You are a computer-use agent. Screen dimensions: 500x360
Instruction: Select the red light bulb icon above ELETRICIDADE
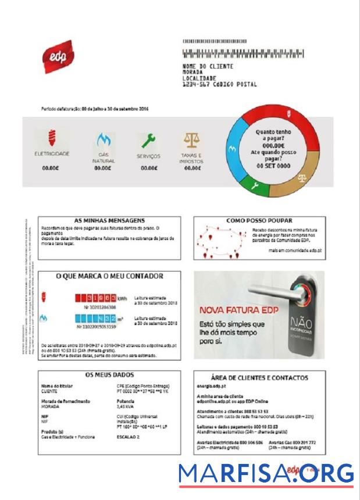pos(52,138)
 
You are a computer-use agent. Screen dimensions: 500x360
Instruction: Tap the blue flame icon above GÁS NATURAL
pos(103,140)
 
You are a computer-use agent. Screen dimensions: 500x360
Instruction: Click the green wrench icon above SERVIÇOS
pos(148,140)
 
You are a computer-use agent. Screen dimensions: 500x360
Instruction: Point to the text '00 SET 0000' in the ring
pos(273,166)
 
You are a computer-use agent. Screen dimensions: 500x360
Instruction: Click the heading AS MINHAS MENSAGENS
pos(110,221)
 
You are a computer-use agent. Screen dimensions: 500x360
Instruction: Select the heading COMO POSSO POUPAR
pos(259,221)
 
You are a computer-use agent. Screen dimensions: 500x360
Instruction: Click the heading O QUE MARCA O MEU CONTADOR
pos(109,276)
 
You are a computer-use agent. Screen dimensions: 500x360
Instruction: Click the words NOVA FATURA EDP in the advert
pos(239,309)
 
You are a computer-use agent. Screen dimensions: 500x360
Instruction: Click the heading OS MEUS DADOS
pos(109,374)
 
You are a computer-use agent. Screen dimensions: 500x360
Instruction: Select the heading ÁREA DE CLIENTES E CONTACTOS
pos(259,377)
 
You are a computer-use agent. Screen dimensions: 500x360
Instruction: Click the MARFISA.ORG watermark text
pos(266,473)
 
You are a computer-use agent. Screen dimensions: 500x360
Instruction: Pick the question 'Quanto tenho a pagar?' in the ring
pos(273,135)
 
